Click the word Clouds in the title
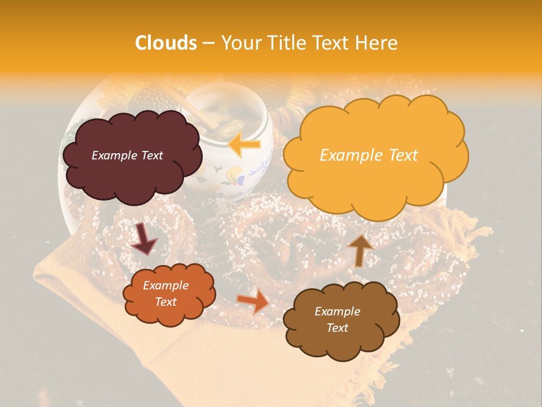[166, 43]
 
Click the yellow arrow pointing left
[244, 145]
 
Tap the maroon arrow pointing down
[144, 239]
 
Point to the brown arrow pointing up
[360, 249]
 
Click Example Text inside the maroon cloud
[127, 155]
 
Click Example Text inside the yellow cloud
[369, 155]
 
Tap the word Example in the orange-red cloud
[165, 285]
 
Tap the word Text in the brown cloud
[337, 328]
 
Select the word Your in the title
[239, 43]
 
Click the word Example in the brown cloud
[337, 311]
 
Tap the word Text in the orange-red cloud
[165, 302]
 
